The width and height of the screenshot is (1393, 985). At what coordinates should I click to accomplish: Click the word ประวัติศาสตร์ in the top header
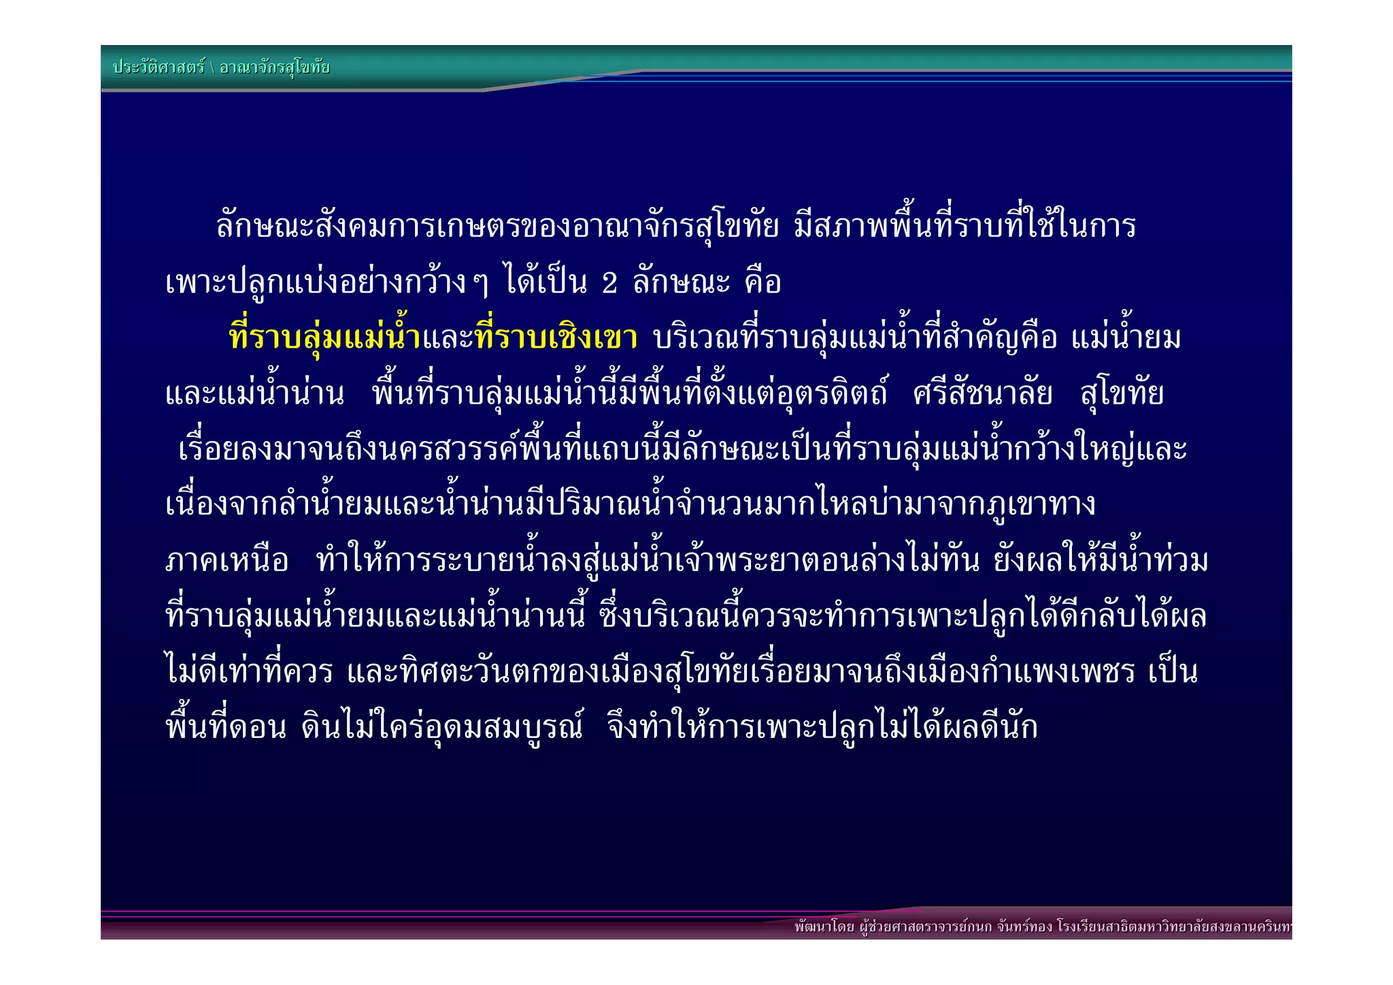158,67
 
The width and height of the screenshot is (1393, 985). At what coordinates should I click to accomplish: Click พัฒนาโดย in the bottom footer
824,926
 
